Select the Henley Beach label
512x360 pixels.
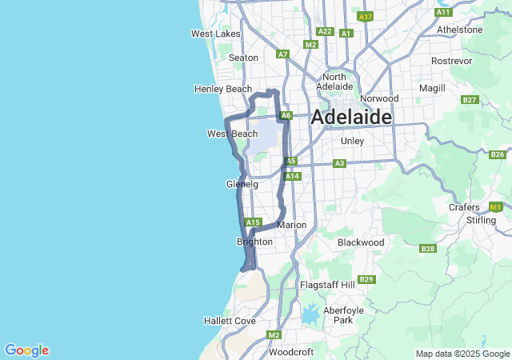(222, 89)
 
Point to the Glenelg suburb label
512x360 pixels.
(242, 184)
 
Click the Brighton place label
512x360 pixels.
(254, 242)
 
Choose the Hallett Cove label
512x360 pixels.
(229, 321)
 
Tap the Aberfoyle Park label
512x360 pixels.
(342, 314)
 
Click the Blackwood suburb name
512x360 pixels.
(361, 242)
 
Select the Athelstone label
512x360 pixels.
(460, 30)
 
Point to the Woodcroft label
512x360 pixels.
(290, 351)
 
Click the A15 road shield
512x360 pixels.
(254, 222)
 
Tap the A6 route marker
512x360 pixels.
(286, 115)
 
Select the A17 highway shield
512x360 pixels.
(366, 16)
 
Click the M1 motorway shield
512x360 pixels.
(494, 207)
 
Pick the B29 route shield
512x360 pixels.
(366, 279)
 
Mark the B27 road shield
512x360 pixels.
(470, 100)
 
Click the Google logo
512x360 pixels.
(26, 350)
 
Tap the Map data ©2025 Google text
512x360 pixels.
(462, 354)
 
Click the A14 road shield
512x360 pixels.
(292, 176)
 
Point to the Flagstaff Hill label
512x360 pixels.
(326, 285)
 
